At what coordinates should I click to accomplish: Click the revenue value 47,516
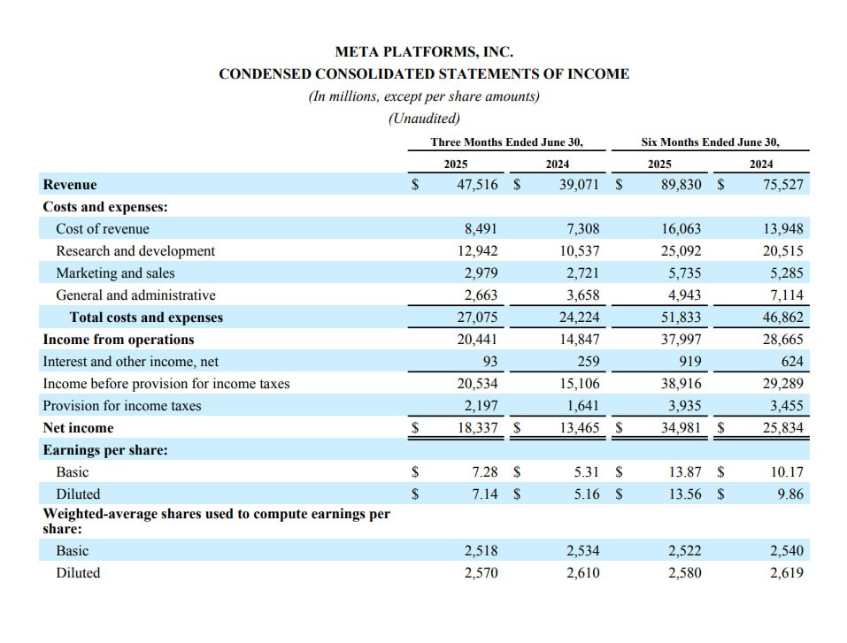click(478, 185)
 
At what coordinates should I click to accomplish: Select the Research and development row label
click(135, 251)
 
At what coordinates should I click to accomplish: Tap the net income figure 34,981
click(681, 427)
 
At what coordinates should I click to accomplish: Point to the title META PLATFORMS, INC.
click(424, 52)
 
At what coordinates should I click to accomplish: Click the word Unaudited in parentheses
click(424, 119)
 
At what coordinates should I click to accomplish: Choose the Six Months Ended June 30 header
click(711, 142)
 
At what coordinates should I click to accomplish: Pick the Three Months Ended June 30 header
click(506, 142)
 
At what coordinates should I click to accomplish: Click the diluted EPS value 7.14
click(485, 494)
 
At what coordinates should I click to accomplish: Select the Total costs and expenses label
click(146, 318)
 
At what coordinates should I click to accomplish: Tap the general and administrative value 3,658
click(583, 295)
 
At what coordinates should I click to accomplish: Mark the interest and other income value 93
click(490, 361)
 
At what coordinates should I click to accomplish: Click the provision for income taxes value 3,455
click(787, 405)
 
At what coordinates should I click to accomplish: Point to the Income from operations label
click(119, 340)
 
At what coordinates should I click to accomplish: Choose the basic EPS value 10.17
click(787, 471)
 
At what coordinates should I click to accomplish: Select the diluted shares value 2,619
click(787, 573)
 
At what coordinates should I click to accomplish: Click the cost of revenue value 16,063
click(681, 229)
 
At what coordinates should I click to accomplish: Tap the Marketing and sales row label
click(116, 273)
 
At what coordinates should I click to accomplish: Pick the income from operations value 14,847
click(580, 340)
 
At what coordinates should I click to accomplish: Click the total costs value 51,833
click(681, 318)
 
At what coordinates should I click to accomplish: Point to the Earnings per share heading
click(105, 450)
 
